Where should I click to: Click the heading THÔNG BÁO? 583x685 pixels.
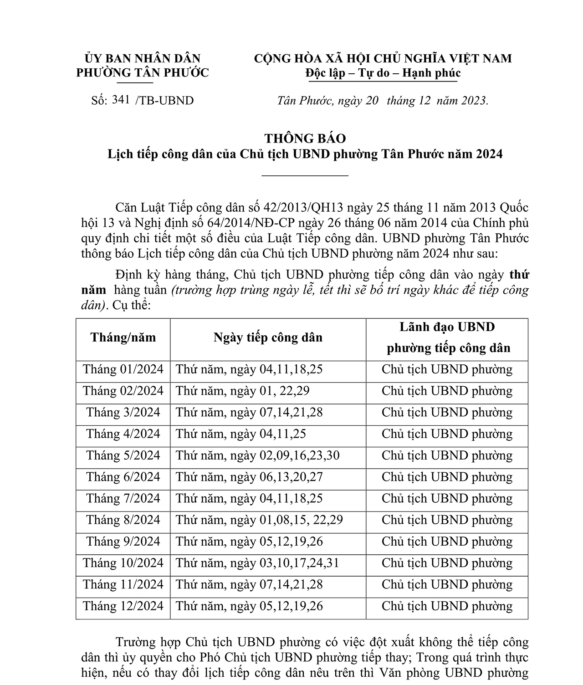(305, 138)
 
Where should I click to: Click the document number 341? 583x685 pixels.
(121, 100)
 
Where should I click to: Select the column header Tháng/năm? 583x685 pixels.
(123, 337)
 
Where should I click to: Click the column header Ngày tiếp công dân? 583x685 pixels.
(268, 337)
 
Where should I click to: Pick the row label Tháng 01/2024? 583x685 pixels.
(123, 369)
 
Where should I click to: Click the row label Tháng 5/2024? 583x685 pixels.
(123, 455)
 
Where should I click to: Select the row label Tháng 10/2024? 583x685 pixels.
(123, 563)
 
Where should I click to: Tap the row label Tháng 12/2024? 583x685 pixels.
(123, 606)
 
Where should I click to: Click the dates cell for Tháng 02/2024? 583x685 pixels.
(243, 391)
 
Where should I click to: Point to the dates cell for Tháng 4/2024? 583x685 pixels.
(241, 434)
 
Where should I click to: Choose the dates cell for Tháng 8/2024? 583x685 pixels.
(260, 520)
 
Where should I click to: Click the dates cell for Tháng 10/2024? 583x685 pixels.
(258, 563)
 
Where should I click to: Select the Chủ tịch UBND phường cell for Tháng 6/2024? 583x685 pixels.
(447, 477)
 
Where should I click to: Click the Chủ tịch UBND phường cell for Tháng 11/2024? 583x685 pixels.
(447, 584)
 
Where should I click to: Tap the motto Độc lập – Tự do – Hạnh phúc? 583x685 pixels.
(383, 73)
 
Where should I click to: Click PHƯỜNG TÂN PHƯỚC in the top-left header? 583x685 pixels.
(142, 73)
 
